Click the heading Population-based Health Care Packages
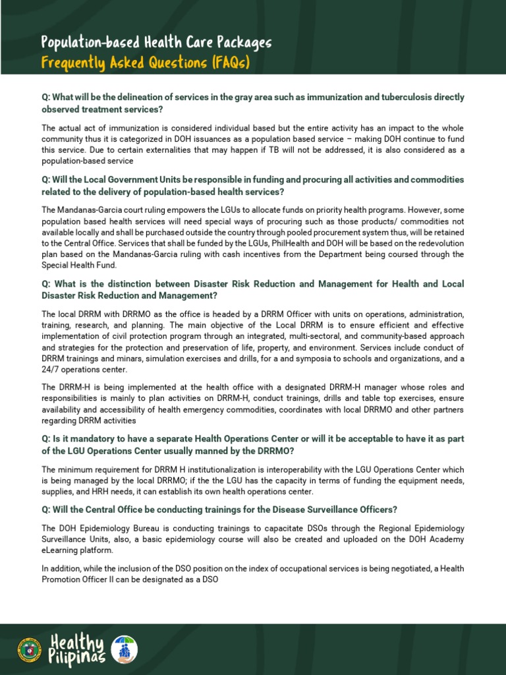coord(156,43)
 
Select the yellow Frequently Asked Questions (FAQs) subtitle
coord(146,63)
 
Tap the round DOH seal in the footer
coord(30,649)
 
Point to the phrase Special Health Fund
coord(78,266)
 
